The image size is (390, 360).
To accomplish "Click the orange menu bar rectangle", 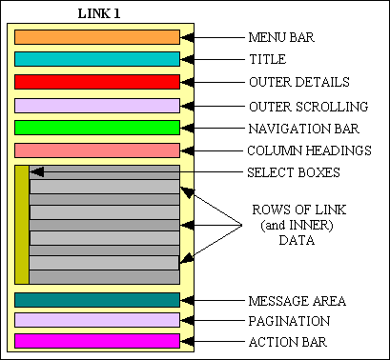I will [97, 37].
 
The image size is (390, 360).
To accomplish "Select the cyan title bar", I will [97, 59].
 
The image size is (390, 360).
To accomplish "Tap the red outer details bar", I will [97, 82].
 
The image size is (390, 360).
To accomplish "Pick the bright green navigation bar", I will [97, 128].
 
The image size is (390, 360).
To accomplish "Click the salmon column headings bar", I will [97, 150].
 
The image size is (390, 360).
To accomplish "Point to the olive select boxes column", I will [22, 225].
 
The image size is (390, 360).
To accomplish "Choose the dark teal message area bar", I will [97, 300].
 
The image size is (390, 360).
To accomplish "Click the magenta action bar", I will [97, 341].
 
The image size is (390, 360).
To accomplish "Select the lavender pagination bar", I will [97, 320].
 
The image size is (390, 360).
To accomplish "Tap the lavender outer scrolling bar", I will [97, 106].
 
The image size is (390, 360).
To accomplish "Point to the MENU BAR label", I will [281, 38].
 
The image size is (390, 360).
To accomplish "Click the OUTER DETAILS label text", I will [298, 82].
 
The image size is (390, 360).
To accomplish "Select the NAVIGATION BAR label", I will [304, 128].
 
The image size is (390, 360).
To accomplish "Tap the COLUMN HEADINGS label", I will [309, 150].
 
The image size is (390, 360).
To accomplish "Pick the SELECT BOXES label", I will [293, 172].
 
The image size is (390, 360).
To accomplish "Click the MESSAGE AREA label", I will [297, 301].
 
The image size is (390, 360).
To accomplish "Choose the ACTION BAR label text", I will [288, 342].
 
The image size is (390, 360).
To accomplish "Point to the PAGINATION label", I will [289, 321].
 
